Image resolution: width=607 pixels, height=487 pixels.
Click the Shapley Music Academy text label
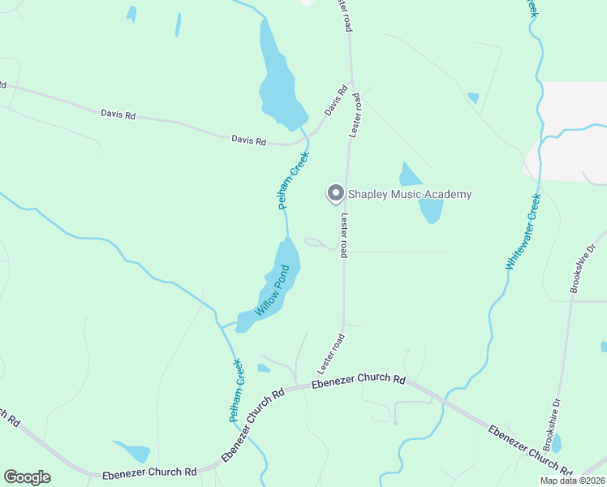409,194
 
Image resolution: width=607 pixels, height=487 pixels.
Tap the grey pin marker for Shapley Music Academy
335,193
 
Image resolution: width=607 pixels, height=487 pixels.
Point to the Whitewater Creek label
523,231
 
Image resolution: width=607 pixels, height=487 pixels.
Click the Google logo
27,477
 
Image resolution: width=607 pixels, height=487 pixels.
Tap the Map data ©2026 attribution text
572,481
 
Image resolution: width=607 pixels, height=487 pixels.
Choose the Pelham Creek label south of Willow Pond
235,390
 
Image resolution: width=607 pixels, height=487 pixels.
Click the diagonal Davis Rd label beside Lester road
336,101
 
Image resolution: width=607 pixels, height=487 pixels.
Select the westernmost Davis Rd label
118,114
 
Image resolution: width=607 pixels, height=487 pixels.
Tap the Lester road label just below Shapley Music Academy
345,235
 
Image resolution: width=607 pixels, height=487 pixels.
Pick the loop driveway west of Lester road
320,243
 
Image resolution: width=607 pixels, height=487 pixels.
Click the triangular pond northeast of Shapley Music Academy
409,175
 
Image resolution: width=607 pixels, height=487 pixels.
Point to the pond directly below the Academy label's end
431,211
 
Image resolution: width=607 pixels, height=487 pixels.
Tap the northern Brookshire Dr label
578,269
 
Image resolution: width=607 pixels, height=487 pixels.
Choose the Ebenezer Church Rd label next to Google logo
149,472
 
